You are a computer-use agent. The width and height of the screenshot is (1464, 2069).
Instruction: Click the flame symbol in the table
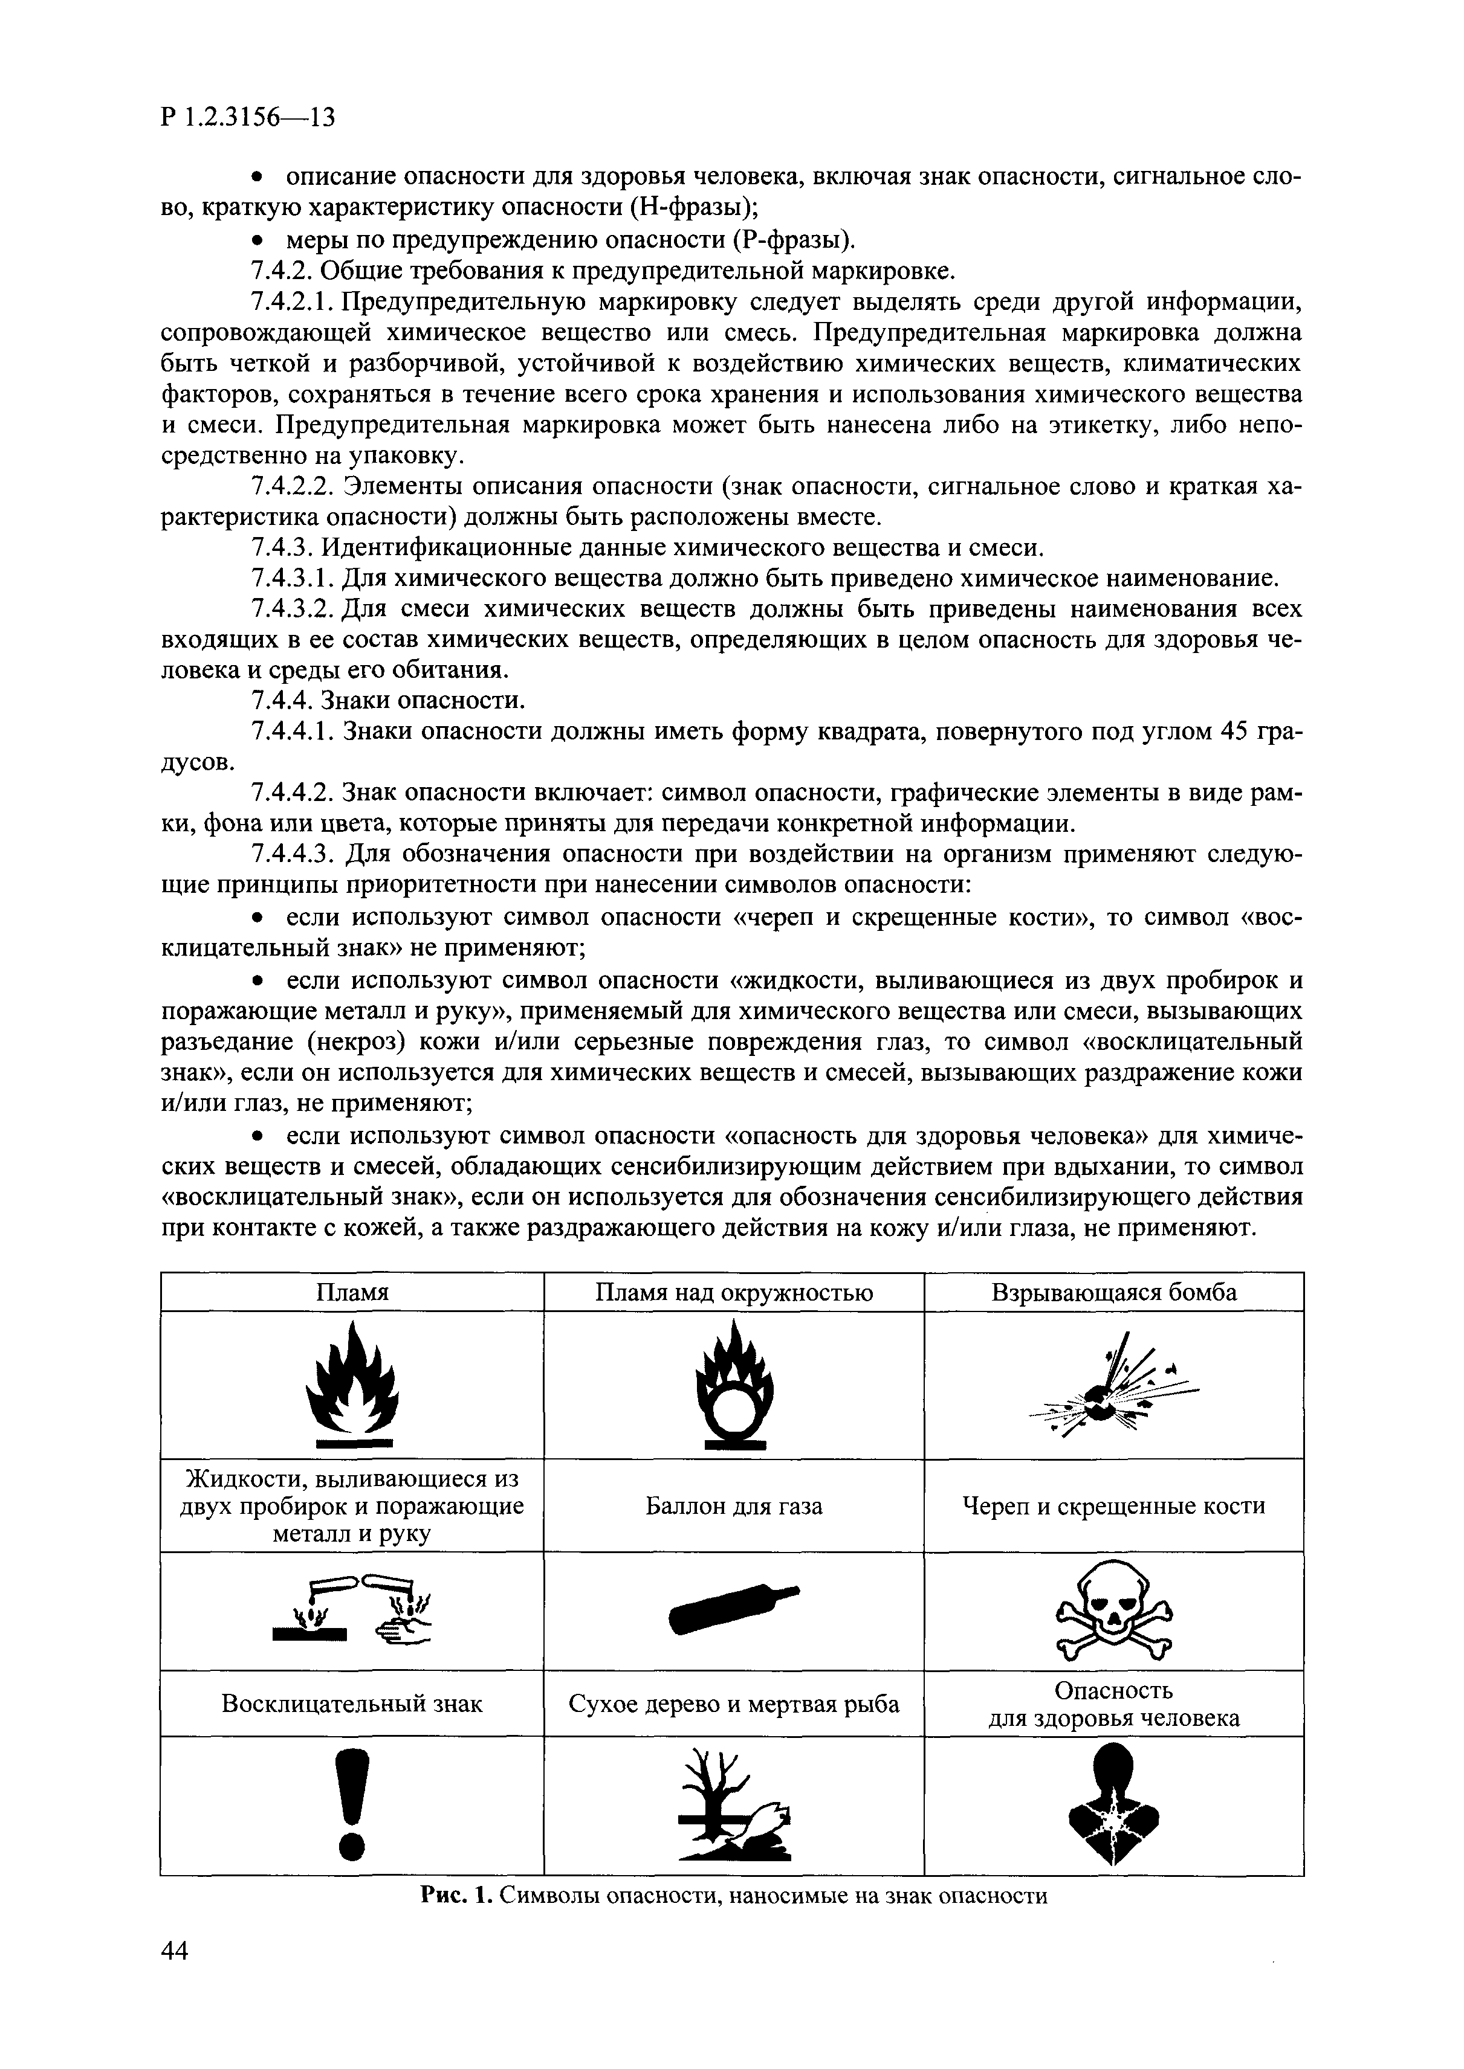pos(352,1383)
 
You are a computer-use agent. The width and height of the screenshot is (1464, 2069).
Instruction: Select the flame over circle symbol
pos(734,1383)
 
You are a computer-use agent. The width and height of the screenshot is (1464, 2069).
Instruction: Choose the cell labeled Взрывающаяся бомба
pos(1114,1292)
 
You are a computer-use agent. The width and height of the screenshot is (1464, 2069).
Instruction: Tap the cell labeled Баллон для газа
pos(734,1506)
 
